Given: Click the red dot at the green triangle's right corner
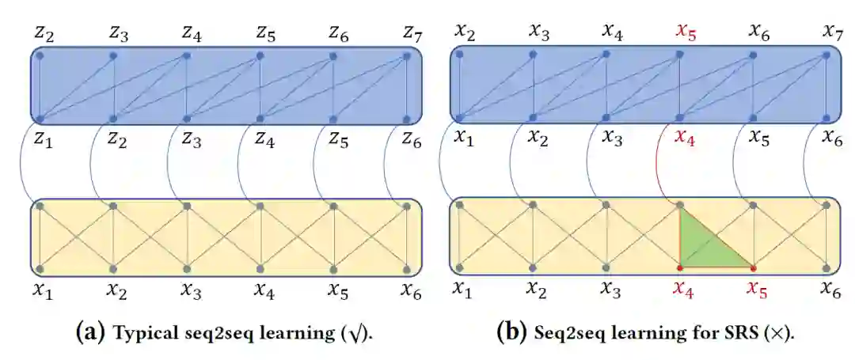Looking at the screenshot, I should pyautogui.click(x=753, y=267).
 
